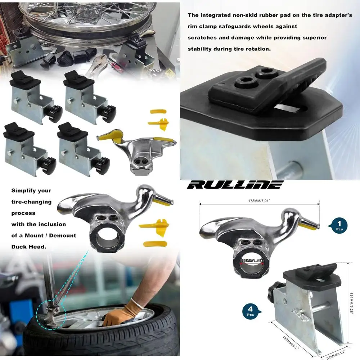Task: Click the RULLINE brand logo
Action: point(236,185)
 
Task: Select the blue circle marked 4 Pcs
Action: point(251,310)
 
